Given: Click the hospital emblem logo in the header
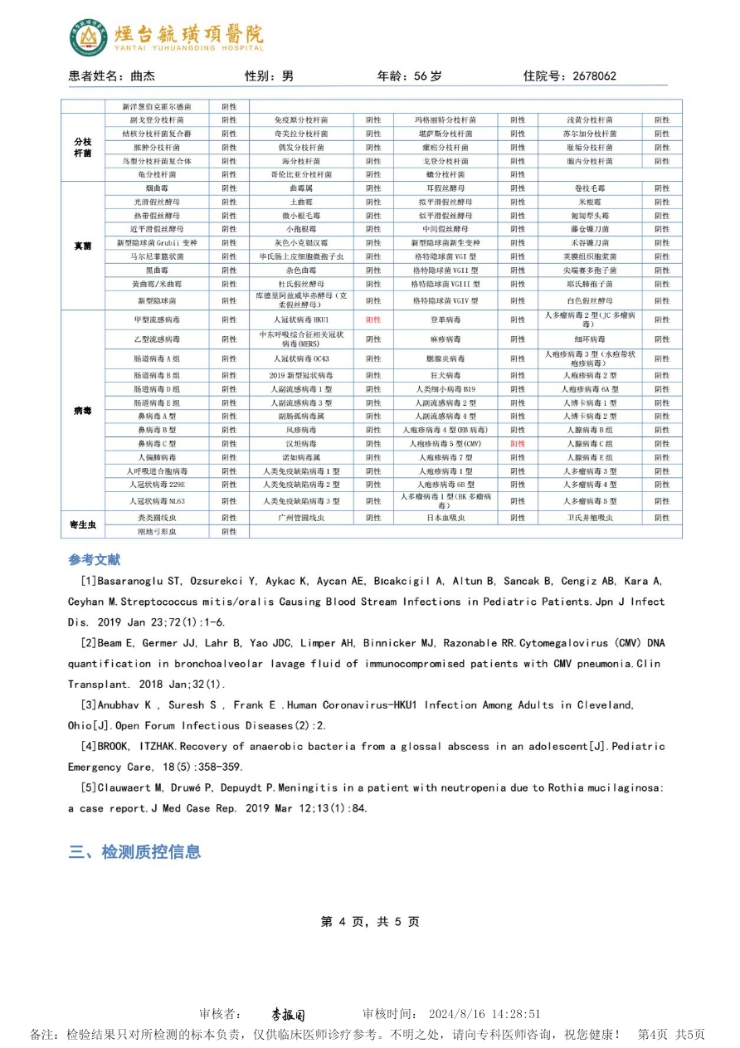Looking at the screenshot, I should [x=88, y=37].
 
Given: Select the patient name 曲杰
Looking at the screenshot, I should [x=143, y=76].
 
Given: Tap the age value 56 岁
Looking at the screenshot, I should [x=428, y=76].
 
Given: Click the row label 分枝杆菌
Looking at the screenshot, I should [x=83, y=147].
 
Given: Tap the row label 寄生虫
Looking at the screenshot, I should [x=83, y=524].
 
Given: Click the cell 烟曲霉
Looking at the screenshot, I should [x=157, y=188].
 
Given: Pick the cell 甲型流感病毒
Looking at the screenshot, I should [x=157, y=319].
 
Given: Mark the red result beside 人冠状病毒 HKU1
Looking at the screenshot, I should [x=373, y=319].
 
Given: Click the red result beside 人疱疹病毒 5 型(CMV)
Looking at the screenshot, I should [x=518, y=444].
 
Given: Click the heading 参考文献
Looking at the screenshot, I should [x=94, y=560].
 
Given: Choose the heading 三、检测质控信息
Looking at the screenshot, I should [x=134, y=852].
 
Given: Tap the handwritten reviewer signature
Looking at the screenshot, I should [x=288, y=1015].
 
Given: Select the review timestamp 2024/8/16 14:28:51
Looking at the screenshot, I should [x=484, y=1014].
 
